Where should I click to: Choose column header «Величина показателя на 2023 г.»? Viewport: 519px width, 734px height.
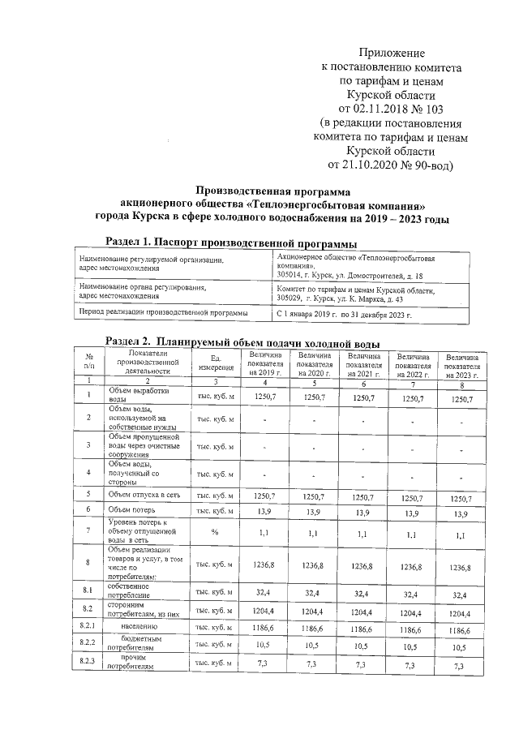pos(461,363)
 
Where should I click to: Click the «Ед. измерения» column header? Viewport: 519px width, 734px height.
pos(216,363)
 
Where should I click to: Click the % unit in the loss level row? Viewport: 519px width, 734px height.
pos(215,533)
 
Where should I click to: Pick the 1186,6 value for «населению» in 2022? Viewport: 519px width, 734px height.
pos(412,629)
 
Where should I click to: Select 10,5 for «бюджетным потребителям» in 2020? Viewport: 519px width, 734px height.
pos(314,646)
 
